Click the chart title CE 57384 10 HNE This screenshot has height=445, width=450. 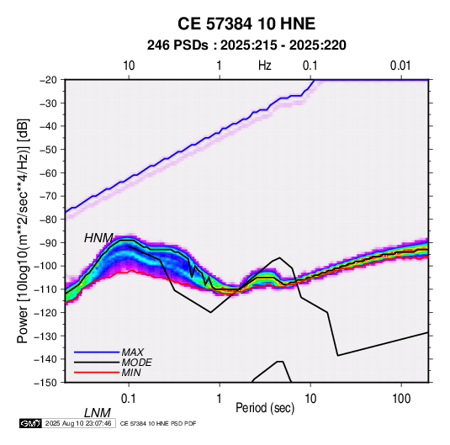click(246, 24)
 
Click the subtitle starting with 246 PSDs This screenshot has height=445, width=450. click(246, 45)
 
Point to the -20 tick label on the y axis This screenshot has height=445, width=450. click(48, 80)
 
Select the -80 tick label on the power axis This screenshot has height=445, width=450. click(48, 220)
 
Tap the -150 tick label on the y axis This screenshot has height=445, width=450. click(45, 383)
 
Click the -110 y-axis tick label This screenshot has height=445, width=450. click(45, 289)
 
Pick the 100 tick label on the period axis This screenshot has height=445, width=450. click(401, 399)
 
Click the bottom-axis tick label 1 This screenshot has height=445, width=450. click(220, 399)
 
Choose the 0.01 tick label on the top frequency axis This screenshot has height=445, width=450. click(400, 66)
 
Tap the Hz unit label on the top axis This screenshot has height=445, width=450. click(265, 66)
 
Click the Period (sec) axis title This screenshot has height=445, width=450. click(265, 408)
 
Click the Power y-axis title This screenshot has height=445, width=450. click(23, 231)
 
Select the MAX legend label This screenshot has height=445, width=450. click(133, 352)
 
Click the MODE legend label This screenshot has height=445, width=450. click(136, 363)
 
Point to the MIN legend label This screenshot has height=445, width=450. click(131, 373)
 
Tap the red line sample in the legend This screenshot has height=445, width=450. click(97, 373)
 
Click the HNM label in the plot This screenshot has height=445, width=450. click(98, 238)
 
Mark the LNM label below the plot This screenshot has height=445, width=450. click(98, 413)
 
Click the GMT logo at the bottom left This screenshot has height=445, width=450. click(31, 423)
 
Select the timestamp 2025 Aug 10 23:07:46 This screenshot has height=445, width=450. click(78, 423)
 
